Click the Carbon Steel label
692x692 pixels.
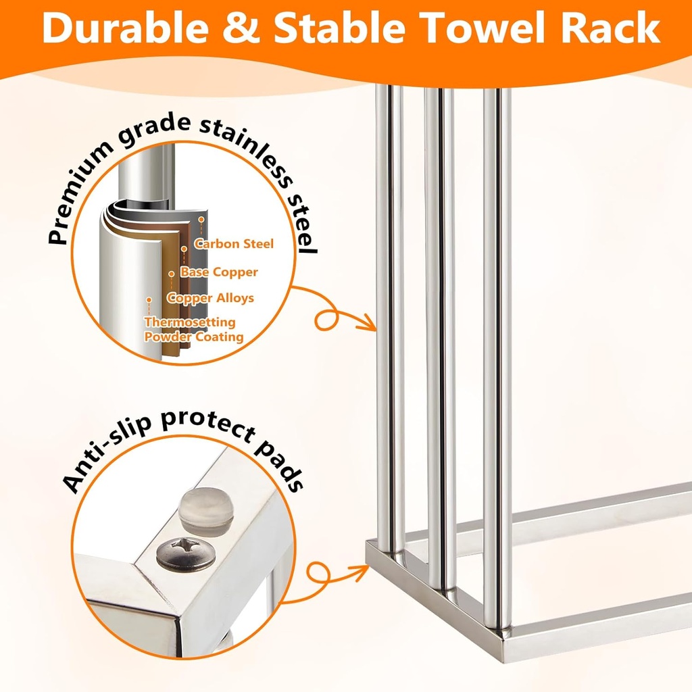234,243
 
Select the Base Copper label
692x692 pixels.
219,272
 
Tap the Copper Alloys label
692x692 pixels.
210,298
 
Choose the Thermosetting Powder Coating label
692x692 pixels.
193,329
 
